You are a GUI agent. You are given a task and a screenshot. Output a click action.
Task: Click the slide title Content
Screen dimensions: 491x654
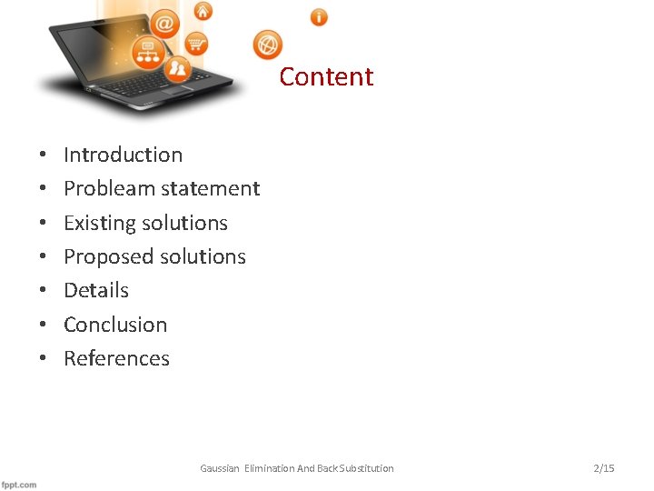click(326, 76)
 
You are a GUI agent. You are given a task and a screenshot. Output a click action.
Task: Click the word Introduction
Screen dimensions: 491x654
click(123, 155)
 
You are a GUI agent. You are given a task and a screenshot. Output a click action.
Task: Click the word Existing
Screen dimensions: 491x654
click(95, 223)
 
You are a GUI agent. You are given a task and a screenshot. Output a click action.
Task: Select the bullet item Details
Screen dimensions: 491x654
click(96, 290)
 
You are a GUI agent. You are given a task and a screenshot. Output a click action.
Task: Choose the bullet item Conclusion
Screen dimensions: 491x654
click(115, 325)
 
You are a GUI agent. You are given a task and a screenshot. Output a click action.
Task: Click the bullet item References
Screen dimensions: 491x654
click(116, 358)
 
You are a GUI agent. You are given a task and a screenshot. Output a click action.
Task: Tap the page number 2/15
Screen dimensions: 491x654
click(603, 468)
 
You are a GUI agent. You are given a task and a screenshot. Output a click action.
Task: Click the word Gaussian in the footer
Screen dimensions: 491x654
click(220, 468)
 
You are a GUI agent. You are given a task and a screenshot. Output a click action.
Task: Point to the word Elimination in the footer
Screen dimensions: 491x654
click(269, 468)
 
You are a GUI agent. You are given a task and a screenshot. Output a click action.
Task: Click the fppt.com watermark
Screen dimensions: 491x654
click(19, 484)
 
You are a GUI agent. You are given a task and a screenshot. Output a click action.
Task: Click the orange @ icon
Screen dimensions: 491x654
click(165, 23)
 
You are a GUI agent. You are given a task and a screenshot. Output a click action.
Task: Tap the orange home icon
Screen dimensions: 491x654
click(203, 11)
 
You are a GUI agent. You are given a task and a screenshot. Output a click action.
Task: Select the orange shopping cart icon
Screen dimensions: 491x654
click(196, 43)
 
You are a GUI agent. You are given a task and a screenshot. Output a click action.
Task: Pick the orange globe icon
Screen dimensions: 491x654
click(268, 44)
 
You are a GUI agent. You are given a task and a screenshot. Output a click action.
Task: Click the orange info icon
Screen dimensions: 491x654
click(319, 16)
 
